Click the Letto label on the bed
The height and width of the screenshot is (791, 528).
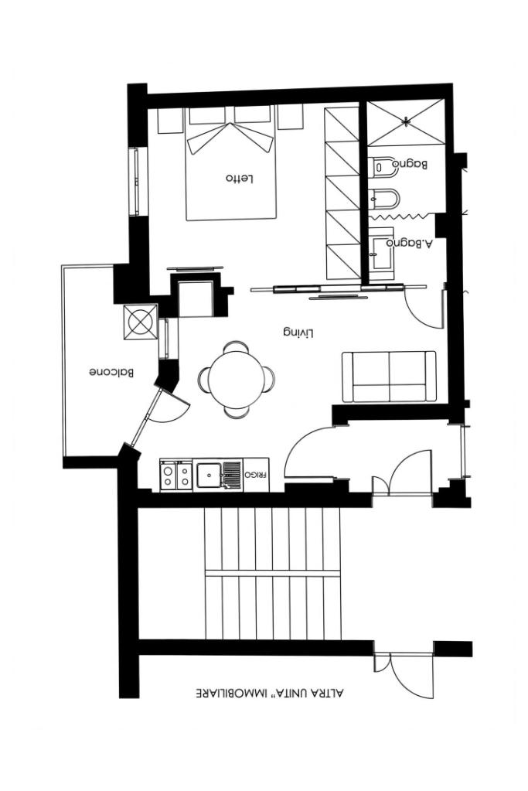pyautogui.click(x=240, y=179)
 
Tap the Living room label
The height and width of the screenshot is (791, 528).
pyautogui.click(x=298, y=333)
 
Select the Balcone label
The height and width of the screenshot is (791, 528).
pyautogui.click(x=112, y=373)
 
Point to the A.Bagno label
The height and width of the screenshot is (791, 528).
pyautogui.click(x=410, y=243)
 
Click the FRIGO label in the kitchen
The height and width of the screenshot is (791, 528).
pyautogui.click(x=256, y=475)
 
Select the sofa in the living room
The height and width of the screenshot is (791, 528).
pyautogui.click(x=389, y=377)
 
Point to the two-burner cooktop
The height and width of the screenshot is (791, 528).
pyautogui.click(x=176, y=475)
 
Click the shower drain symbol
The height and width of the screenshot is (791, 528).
pyautogui.click(x=406, y=121)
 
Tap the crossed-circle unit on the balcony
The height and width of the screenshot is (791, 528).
pyautogui.click(x=141, y=322)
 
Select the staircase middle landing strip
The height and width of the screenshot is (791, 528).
pyautogui.click(x=272, y=574)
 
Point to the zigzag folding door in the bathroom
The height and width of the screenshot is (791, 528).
pyautogui.click(x=402, y=217)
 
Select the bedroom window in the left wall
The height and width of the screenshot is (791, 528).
pyautogui.click(x=135, y=182)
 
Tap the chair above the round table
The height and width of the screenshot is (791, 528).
pyautogui.click(x=236, y=346)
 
